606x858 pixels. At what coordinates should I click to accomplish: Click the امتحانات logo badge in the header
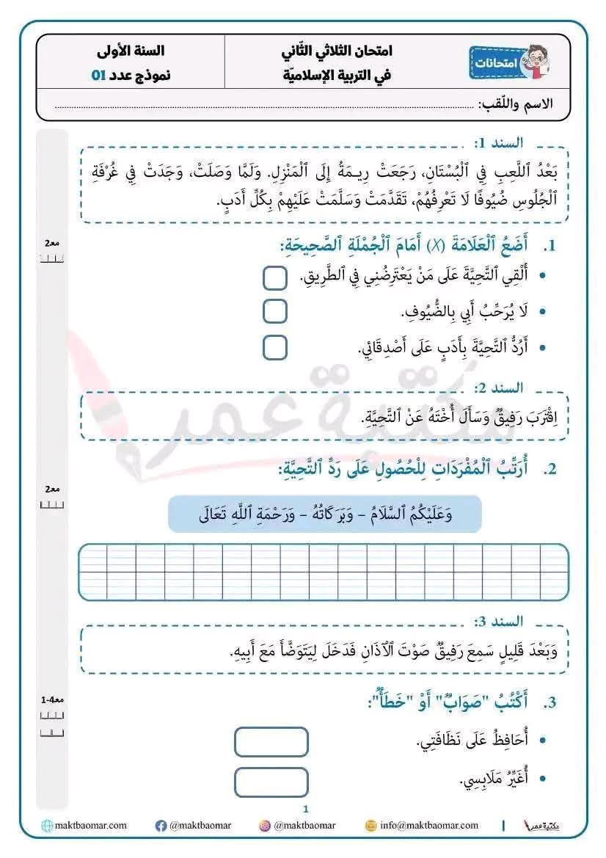point(510,64)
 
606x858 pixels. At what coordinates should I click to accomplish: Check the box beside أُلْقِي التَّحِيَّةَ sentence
point(274,277)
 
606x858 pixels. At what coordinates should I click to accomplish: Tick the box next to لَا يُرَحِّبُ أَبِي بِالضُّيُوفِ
point(274,311)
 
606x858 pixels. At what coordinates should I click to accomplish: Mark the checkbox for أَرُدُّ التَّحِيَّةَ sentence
point(274,347)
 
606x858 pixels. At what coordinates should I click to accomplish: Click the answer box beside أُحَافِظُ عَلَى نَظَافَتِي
point(271,741)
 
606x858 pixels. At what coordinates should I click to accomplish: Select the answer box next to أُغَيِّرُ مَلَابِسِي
point(271,781)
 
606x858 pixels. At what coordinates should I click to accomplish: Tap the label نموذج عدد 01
point(131,75)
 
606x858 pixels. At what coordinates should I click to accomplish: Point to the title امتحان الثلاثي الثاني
point(337,51)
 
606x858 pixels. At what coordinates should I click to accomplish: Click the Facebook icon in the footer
point(161,826)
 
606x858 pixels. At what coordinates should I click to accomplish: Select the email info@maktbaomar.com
point(428,826)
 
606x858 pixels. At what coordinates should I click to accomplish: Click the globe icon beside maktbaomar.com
point(47,826)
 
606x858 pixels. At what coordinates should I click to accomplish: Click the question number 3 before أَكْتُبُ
point(551,702)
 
